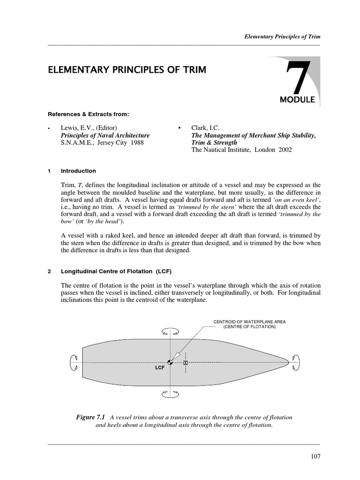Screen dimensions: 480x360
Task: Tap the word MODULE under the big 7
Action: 297,100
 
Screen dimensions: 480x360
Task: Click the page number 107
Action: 314,456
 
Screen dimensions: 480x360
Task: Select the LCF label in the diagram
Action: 160,368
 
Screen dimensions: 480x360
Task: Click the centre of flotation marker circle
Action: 170,362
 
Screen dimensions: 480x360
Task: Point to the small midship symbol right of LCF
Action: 186,363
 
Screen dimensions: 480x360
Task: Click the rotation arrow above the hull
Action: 169,331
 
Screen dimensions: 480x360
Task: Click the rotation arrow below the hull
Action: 169,395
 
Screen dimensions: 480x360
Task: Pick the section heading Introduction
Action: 78,171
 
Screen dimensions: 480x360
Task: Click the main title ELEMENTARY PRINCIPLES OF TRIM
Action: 127,70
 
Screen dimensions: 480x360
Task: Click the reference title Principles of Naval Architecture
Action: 105,135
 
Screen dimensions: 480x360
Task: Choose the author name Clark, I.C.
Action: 207,128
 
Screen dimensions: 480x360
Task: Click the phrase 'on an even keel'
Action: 300,199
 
